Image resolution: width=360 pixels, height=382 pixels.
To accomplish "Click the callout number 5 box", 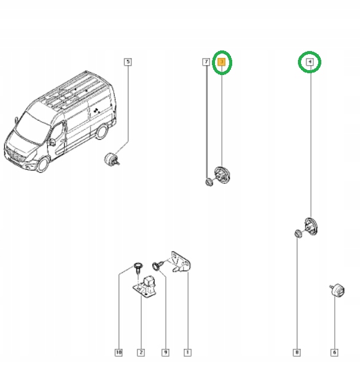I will click(x=127, y=62).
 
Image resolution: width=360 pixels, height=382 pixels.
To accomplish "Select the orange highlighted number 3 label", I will click(x=222, y=62).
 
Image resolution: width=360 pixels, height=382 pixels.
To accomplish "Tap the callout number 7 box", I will click(x=206, y=62).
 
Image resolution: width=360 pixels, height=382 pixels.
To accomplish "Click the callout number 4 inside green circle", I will click(x=310, y=62).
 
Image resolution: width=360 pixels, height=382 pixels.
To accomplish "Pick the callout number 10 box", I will click(x=118, y=352).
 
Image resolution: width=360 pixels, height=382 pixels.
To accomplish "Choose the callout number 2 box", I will click(x=141, y=352).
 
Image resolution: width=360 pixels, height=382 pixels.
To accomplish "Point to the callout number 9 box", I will click(x=165, y=352).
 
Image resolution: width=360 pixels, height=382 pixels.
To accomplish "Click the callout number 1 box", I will click(x=187, y=352).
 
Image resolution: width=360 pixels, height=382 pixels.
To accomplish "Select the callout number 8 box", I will click(x=297, y=352).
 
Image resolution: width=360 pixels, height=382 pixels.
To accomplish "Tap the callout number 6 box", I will click(x=334, y=352).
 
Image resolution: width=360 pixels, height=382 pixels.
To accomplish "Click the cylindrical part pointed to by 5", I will click(x=112, y=159).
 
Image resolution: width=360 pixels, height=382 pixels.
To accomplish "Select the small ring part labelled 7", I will click(x=209, y=181).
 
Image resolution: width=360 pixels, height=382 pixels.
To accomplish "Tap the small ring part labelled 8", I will click(x=297, y=233).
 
